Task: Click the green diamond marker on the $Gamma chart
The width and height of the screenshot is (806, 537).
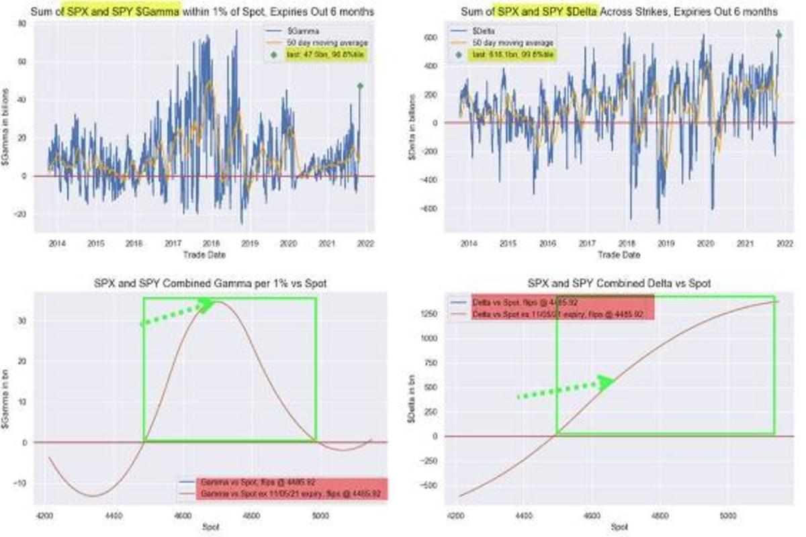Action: click(360, 86)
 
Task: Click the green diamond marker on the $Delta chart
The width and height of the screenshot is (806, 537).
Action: click(779, 35)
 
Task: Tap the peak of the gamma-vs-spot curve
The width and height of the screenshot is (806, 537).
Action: click(220, 302)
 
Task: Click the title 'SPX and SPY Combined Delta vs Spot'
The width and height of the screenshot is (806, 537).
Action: click(619, 285)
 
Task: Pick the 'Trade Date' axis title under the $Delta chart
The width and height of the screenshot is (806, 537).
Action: click(619, 255)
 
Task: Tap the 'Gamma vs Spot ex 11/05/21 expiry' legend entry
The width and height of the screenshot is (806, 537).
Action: click(290, 493)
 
